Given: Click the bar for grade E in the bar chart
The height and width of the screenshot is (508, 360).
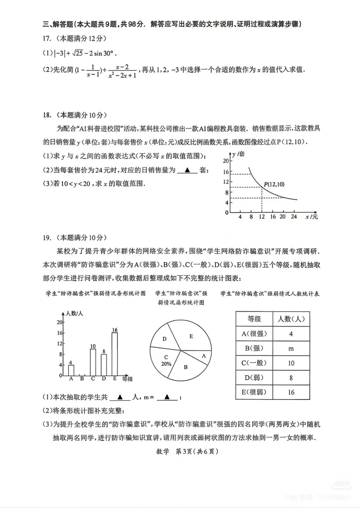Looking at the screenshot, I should click(114, 354).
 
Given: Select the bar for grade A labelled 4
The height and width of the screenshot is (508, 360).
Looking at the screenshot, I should click(71, 370).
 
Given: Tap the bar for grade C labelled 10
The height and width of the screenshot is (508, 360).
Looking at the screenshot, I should click(93, 362).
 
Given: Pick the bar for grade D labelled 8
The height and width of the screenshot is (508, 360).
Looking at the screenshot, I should click(104, 365).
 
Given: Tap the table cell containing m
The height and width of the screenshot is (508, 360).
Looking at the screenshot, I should click(291, 349).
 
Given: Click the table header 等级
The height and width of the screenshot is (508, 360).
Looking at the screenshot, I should click(254, 319).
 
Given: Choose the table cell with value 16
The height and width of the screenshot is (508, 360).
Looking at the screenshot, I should click(291, 392).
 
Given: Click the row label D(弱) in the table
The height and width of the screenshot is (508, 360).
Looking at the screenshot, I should click(254, 378).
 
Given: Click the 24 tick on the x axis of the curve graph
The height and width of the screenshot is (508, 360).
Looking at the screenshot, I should click(294, 217).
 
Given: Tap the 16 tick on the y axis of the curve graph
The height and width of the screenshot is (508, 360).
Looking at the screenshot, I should click(226, 172).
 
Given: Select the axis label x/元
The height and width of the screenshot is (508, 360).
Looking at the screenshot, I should click(312, 217).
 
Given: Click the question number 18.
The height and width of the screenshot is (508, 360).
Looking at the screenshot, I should click(47, 115).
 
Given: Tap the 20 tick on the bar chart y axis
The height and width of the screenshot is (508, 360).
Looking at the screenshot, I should click(60, 322).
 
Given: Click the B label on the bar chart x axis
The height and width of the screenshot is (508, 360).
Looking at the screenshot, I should click(82, 379).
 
